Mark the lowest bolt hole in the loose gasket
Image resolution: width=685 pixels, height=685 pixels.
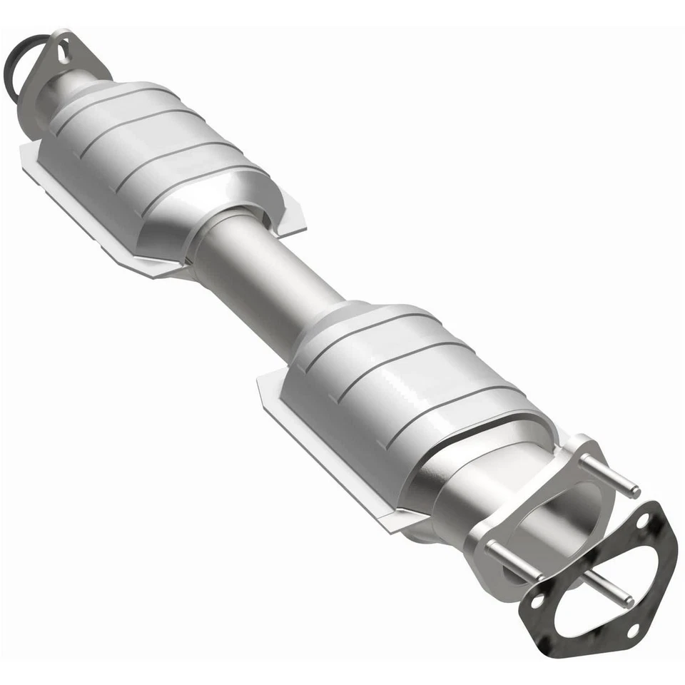click(631, 629)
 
